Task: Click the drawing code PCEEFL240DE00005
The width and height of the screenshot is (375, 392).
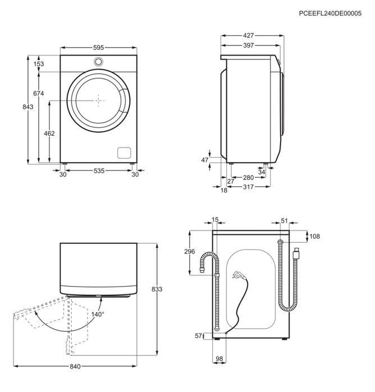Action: coord(330,13)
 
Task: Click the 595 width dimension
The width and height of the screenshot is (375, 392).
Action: coord(98,48)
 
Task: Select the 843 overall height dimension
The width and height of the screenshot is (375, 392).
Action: coord(28,107)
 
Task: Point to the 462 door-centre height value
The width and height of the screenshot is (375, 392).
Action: coord(49,133)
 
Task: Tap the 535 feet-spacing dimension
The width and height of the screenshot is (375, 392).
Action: coord(99,170)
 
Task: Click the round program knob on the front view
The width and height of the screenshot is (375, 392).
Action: coord(98,62)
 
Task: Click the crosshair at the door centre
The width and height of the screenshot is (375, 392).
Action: coord(98,100)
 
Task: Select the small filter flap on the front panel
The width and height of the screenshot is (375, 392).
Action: coord(124,153)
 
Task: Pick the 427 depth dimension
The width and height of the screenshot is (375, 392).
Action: coord(248,35)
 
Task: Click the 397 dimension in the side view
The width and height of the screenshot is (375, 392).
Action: coord(248,45)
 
